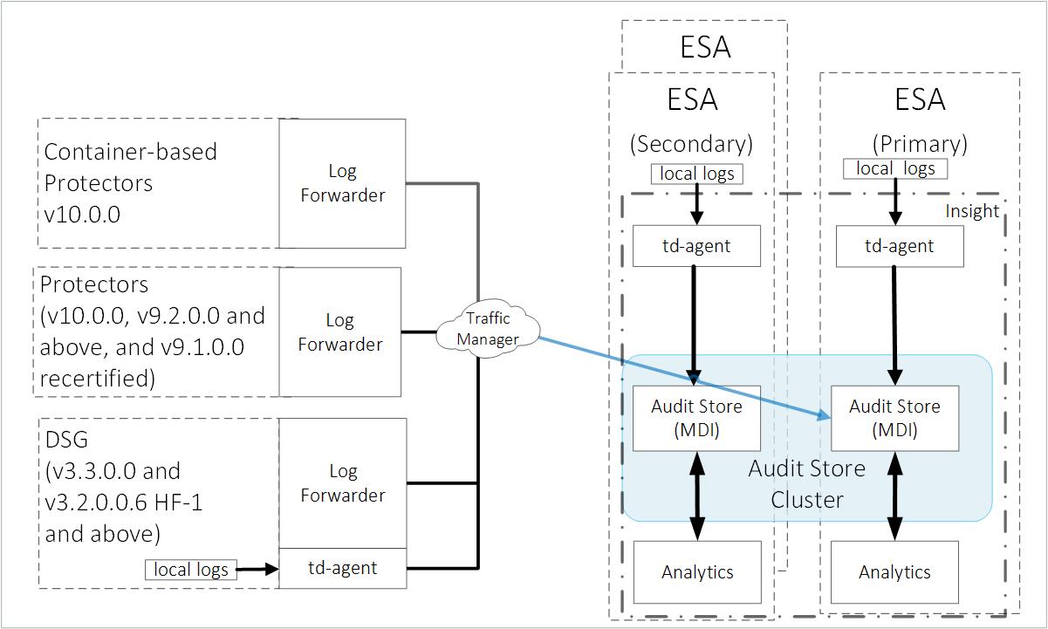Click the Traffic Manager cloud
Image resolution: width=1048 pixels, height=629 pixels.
487,330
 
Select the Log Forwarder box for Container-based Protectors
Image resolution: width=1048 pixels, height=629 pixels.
342,183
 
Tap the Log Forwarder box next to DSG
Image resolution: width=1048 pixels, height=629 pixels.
342,482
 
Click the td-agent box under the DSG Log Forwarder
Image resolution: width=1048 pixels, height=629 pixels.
342,568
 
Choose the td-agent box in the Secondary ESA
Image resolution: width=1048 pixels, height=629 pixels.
695,246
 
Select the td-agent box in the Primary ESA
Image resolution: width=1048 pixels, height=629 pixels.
899,246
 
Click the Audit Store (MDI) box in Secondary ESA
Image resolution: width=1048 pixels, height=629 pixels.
696,418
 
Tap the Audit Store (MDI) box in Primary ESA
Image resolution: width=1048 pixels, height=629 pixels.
894,418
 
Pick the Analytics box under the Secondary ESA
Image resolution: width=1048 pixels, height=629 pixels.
696,572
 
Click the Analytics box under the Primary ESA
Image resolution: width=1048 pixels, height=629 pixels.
894,572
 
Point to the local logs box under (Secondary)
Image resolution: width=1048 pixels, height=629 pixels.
696,174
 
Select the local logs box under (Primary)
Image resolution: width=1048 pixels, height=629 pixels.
895,168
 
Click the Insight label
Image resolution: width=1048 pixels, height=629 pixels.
972,211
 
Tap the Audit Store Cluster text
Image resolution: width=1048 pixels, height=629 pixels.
807,484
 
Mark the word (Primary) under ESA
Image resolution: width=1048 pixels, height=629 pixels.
920,142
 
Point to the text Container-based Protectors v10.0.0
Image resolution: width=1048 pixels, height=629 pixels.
131,182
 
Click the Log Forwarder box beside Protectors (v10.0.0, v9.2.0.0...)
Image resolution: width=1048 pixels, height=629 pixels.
339,332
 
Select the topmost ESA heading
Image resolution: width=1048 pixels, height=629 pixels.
705,46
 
